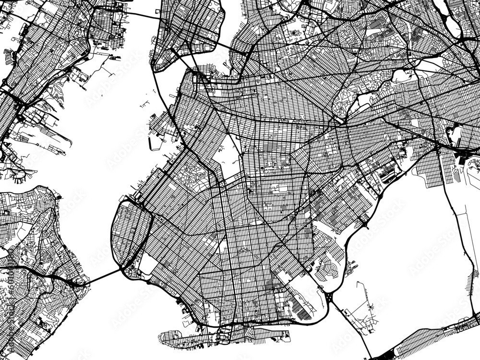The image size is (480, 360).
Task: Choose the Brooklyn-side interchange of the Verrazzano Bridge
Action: (129, 269)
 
